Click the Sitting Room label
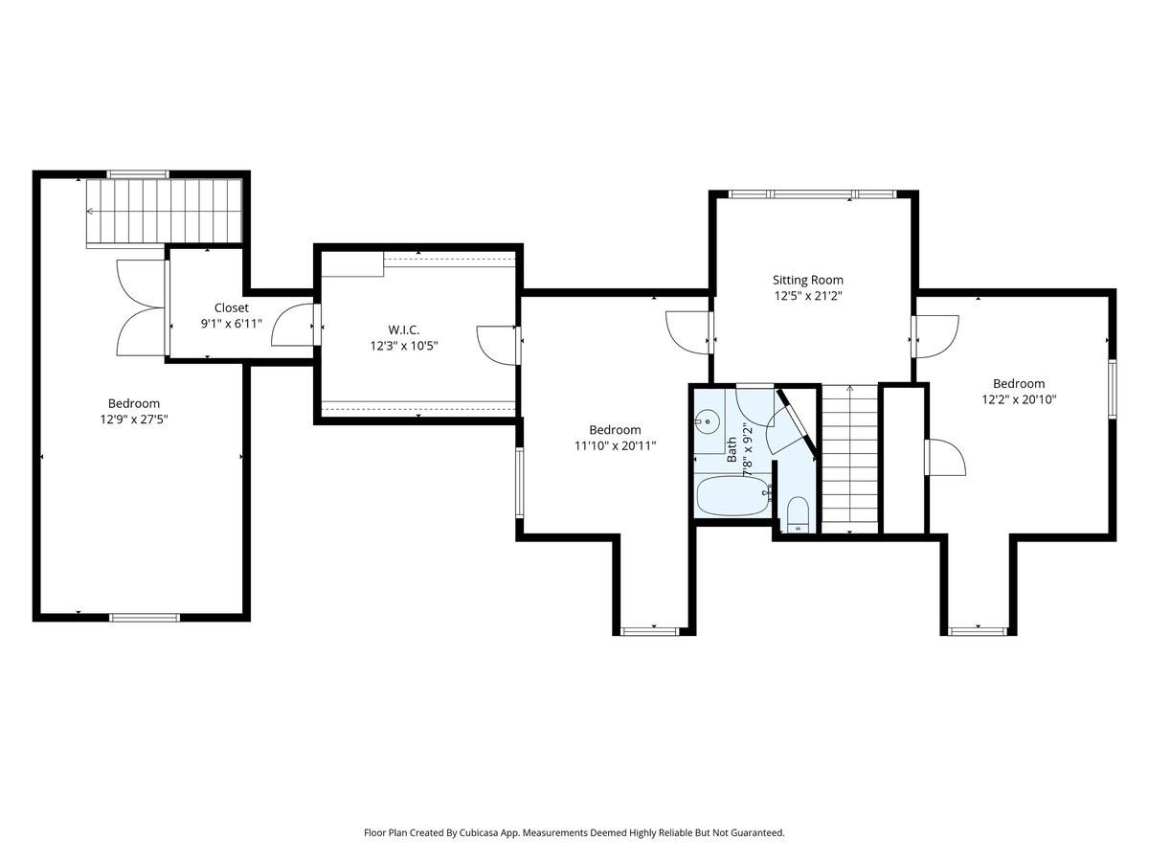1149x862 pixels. click(x=808, y=280)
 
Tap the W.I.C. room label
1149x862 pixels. click(x=404, y=329)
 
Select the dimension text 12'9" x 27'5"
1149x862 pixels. click(x=134, y=420)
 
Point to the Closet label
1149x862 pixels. click(x=232, y=307)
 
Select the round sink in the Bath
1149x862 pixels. click(x=708, y=421)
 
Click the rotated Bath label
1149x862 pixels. click(x=732, y=449)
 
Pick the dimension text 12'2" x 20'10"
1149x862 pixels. click(x=1019, y=399)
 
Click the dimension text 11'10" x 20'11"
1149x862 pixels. click(x=615, y=446)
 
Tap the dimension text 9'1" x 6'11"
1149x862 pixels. click(x=232, y=324)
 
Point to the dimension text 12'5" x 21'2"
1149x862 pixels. click(x=808, y=296)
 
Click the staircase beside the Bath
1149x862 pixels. click(x=849, y=459)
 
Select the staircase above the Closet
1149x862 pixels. click(x=165, y=212)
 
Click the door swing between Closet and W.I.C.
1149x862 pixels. click(x=292, y=325)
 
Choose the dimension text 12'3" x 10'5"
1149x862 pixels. click(x=404, y=346)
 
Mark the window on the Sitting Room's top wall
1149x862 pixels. click(x=812, y=194)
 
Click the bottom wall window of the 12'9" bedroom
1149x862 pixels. click(x=145, y=618)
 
